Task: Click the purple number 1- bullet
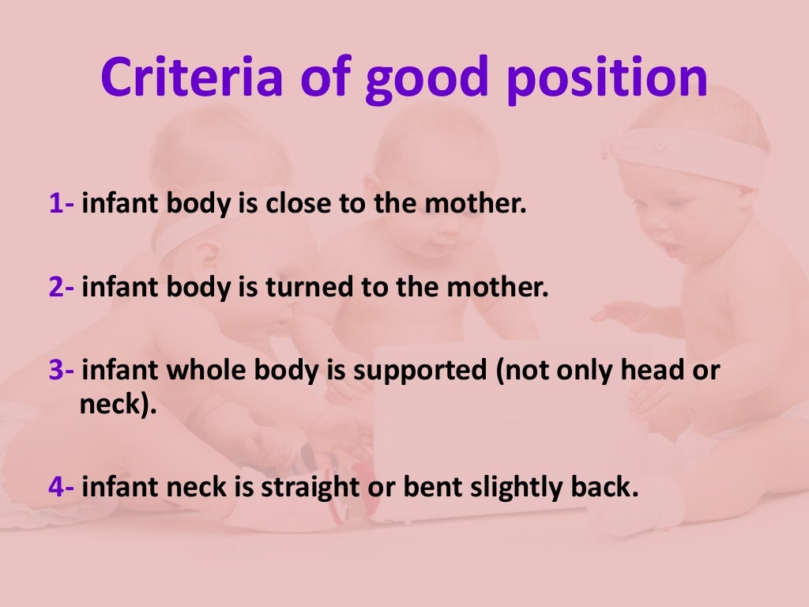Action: point(62,205)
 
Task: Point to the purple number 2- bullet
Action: point(62,287)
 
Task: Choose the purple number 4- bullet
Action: point(62,486)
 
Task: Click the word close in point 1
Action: point(301,205)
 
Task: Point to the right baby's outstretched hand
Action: point(624,316)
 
